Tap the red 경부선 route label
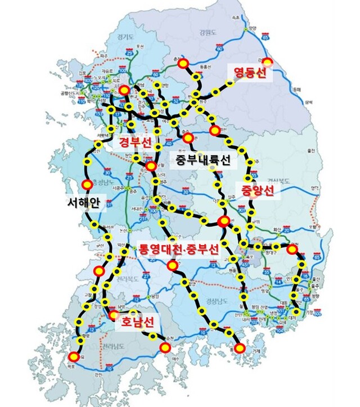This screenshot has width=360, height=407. [x=134, y=143]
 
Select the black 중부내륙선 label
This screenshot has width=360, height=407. [x=202, y=161]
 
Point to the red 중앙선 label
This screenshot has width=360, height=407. [x=257, y=191]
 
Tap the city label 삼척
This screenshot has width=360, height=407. [x=309, y=103]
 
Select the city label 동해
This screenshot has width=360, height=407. [x=297, y=88]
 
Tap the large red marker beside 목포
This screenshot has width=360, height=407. [x=74, y=355]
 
